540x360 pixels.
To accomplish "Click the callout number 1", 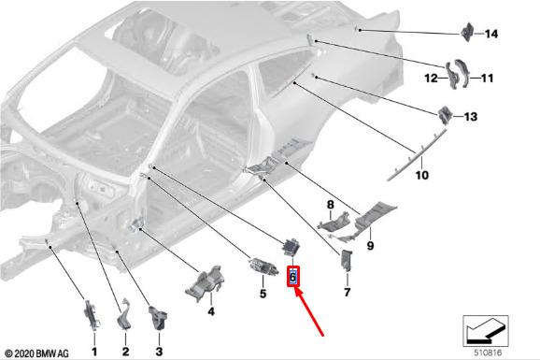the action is pyautogui.click(x=94, y=352).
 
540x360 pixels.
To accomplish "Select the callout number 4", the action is pyautogui.click(x=211, y=311).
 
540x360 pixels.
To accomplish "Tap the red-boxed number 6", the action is pyautogui.click(x=293, y=277).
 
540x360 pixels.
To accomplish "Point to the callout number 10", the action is pyautogui.click(x=422, y=175).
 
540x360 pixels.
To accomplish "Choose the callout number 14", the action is pyautogui.click(x=491, y=34).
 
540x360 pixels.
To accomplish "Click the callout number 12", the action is pyautogui.click(x=432, y=79).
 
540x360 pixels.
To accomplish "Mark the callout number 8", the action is pyautogui.click(x=331, y=205).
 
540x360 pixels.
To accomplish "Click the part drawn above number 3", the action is pyautogui.click(x=159, y=318).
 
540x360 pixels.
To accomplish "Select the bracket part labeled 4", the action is pyautogui.click(x=205, y=283).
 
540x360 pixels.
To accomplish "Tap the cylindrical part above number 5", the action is pyautogui.click(x=263, y=266).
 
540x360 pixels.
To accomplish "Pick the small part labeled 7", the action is pyautogui.click(x=346, y=260).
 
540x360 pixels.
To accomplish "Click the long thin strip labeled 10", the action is pyautogui.click(x=417, y=154).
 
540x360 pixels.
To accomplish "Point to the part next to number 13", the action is pyautogui.click(x=445, y=115).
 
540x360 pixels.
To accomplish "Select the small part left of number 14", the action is pyautogui.click(x=468, y=32).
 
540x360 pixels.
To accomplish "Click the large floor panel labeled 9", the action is pyautogui.click(x=375, y=216).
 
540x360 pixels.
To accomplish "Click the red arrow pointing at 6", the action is pyautogui.click(x=309, y=311).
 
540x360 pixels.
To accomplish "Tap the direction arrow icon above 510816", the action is pyautogui.click(x=486, y=331).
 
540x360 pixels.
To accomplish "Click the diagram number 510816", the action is pyautogui.click(x=488, y=353).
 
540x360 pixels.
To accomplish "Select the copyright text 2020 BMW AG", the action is pyautogui.click(x=37, y=353).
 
